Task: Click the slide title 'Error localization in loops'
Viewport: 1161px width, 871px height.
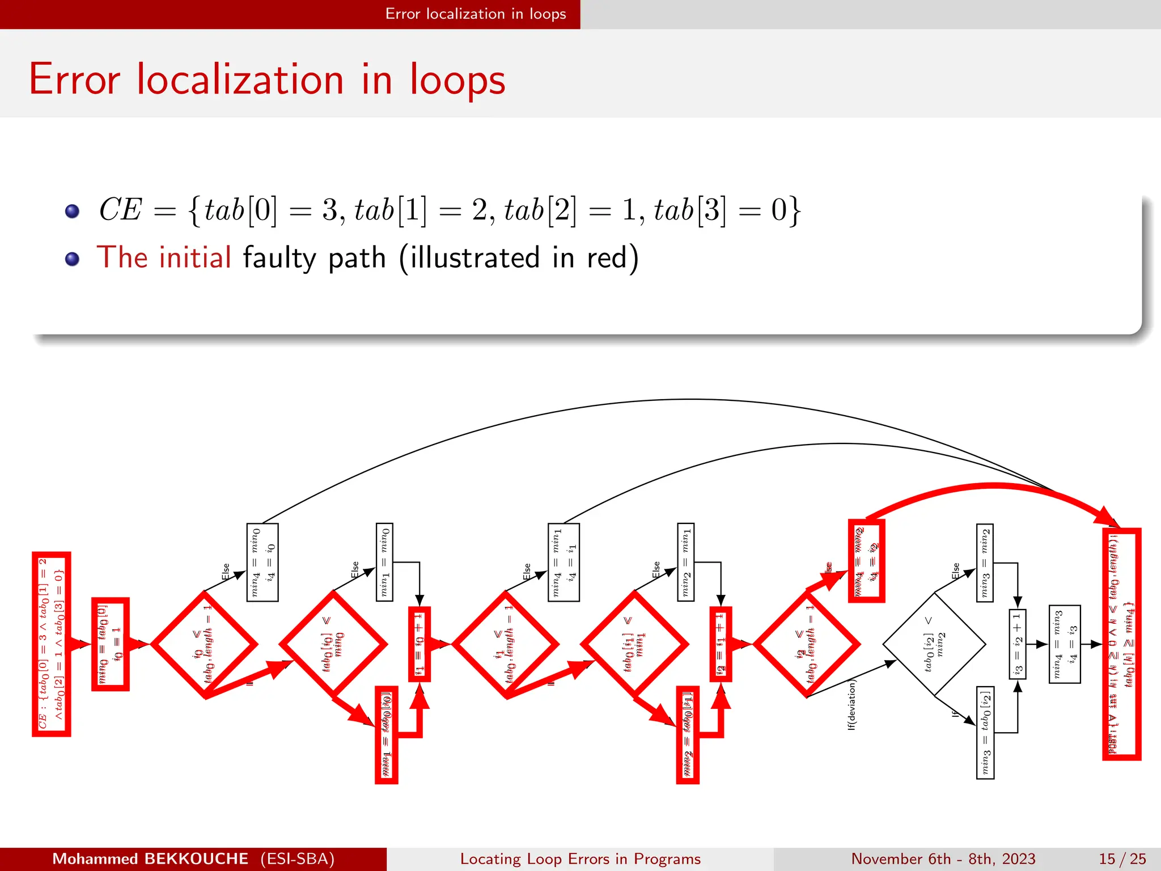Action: tap(266, 79)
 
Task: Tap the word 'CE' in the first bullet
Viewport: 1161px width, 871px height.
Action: tap(120, 209)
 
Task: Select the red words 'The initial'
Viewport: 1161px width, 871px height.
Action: tap(164, 257)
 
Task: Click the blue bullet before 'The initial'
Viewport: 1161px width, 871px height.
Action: tap(72, 259)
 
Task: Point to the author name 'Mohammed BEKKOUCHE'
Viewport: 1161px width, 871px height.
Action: tap(150, 859)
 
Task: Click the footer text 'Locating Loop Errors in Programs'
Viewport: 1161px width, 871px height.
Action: tap(580, 859)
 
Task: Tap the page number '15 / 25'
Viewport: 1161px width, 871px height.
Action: tap(1122, 859)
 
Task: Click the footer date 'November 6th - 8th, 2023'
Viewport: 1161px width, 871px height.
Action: tap(943, 859)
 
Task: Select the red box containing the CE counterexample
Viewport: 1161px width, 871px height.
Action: tap(51, 644)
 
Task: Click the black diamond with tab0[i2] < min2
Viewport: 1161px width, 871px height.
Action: tap(934, 644)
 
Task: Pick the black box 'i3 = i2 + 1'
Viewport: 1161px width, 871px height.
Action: tap(1017, 644)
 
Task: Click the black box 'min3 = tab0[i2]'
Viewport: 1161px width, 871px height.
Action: tap(985, 733)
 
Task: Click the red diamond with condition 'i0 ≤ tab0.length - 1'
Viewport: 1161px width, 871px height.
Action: tap(204, 644)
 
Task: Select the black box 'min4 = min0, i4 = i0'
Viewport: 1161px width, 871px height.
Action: tap(262, 562)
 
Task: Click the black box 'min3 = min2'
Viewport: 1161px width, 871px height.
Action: tap(985, 562)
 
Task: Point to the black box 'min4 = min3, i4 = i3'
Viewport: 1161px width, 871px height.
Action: tap(1064, 644)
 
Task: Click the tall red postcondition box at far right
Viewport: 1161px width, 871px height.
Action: tap(1121, 644)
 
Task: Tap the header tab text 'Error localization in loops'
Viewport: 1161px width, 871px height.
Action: tap(475, 14)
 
